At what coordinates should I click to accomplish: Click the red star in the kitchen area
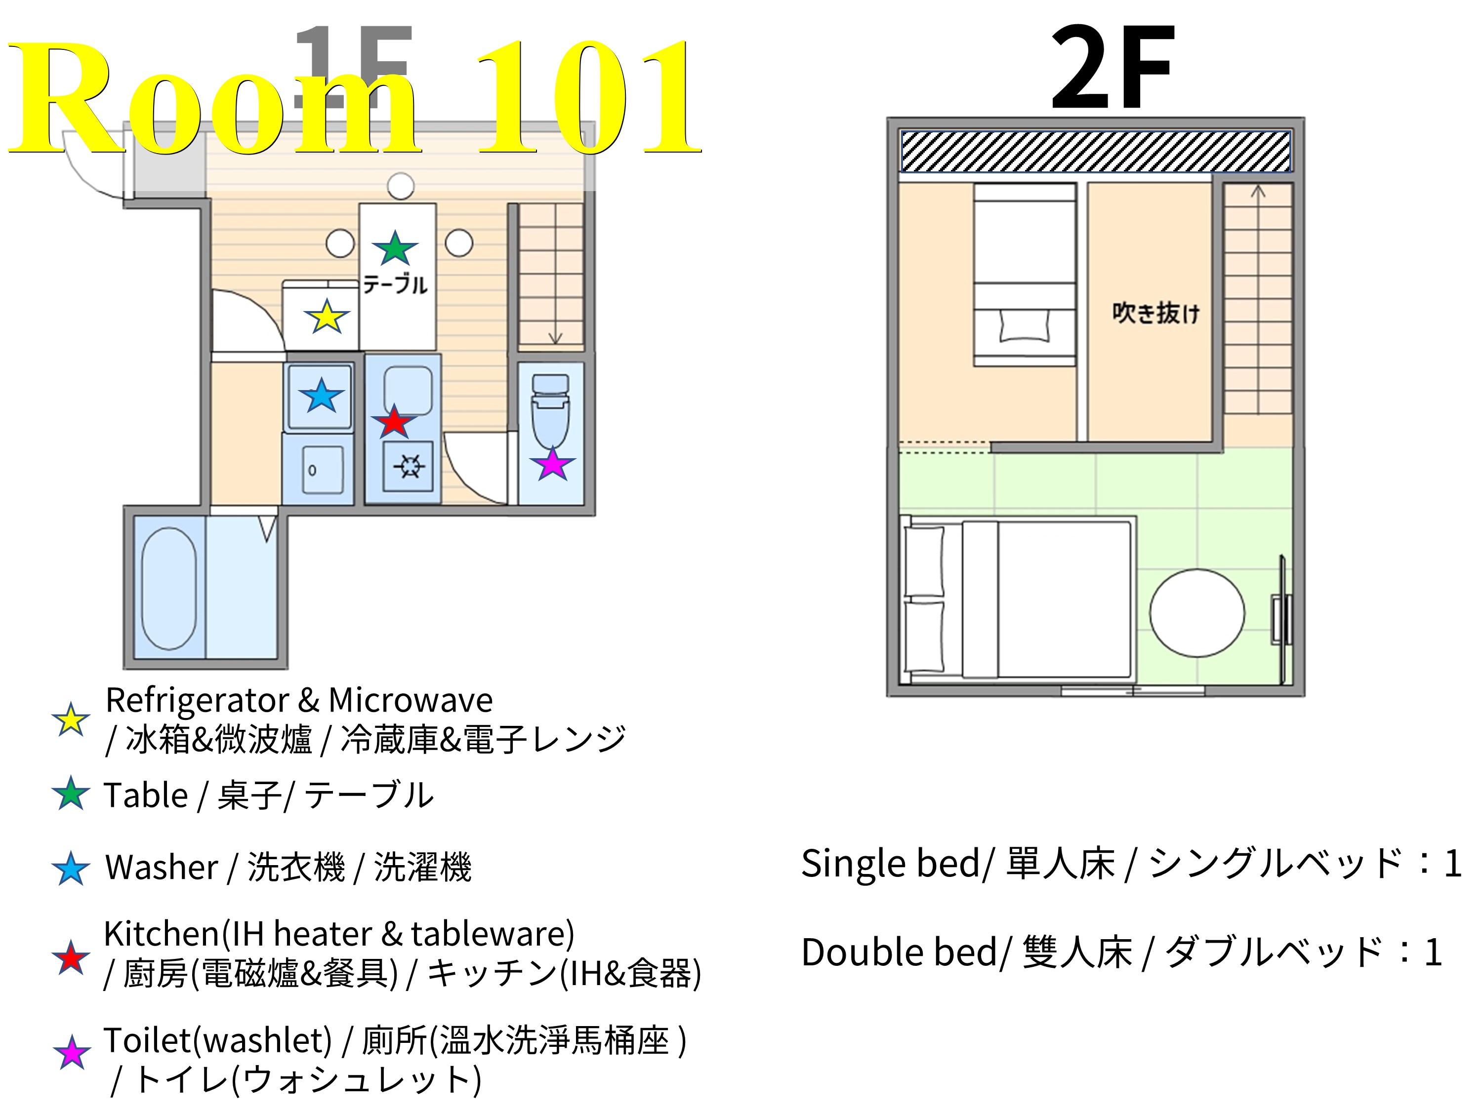(x=394, y=422)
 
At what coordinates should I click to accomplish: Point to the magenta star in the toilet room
(x=553, y=464)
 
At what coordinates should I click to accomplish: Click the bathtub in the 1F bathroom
(x=169, y=588)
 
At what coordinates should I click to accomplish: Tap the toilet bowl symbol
(x=551, y=415)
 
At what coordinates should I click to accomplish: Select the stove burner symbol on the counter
(x=408, y=466)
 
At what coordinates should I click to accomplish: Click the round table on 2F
(x=1196, y=613)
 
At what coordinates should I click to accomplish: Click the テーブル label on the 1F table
(x=395, y=284)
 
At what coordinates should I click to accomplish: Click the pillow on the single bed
(x=1025, y=325)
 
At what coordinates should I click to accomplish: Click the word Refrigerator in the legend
(x=197, y=701)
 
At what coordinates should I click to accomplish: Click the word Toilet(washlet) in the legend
(x=218, y=1040)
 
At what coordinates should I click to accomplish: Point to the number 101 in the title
(x=586, y=97)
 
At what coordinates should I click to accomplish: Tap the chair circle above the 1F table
(x=401, y=186)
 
